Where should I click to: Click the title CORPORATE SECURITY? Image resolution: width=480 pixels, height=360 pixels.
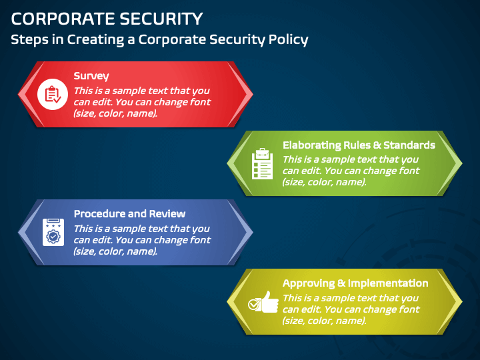pos(107,18)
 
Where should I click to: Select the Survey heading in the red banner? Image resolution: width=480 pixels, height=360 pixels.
pos(91,76)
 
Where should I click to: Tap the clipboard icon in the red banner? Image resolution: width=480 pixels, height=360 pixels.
pos(51,94)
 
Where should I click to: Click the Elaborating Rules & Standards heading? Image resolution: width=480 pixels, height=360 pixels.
pos(359,145)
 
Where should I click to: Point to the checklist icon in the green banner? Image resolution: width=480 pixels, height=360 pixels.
pos(262,163)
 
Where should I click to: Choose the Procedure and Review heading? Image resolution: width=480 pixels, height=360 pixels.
pos(129,214)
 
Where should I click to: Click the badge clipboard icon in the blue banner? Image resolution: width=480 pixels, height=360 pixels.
pos(51,232)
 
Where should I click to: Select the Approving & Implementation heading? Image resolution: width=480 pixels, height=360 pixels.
pos(355,283)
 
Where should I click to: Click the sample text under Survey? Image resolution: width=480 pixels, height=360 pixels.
pos(142,102)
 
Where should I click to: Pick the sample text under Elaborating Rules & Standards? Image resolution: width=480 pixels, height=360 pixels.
pos(351,171)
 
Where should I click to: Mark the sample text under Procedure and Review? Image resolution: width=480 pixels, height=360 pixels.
pos(142,240)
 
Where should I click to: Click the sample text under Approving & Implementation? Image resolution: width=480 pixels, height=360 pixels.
pos(351,309)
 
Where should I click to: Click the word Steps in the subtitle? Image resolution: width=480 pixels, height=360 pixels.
pos(29,39)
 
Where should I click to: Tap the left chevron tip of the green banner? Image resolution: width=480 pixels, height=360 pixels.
pos(229,163)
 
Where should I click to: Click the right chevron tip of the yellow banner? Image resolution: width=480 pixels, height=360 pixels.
pos(460,301)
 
